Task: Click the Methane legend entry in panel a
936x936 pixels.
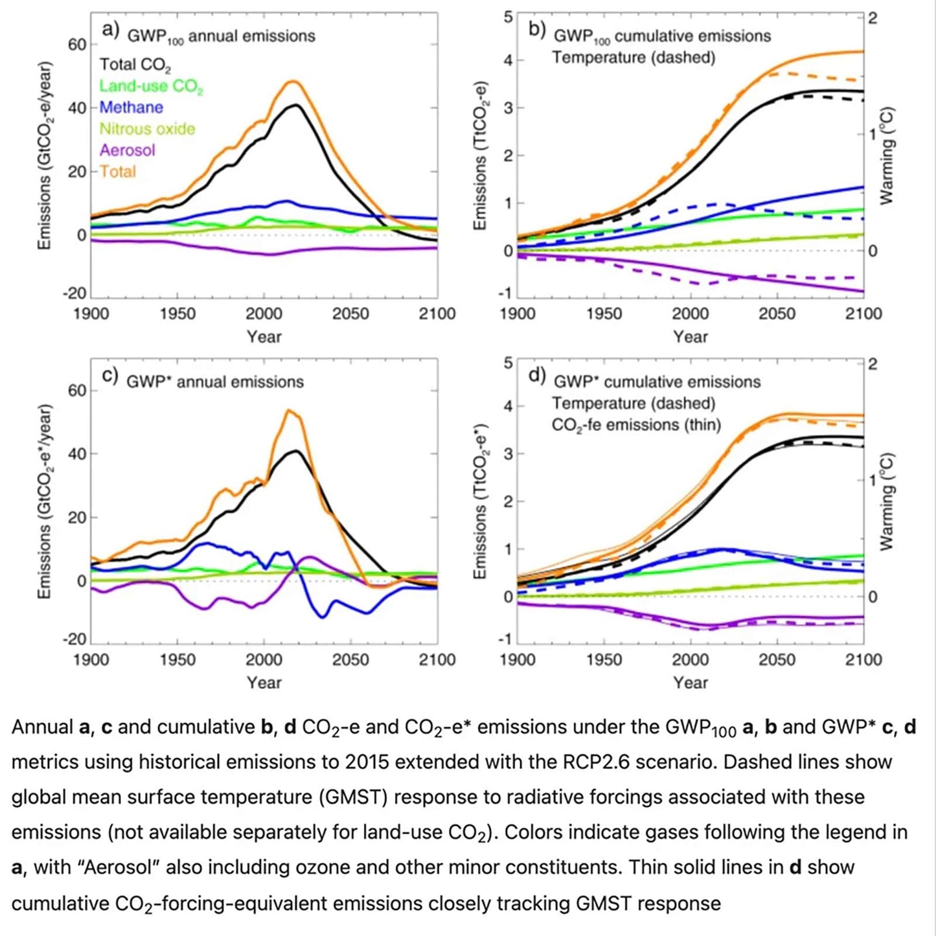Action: click(x=131, y=108)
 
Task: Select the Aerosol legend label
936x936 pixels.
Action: click(x=127, y=150)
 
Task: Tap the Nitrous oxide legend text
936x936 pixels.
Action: click(x=147, y=129)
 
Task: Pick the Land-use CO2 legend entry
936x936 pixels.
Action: click(x=151, y=86)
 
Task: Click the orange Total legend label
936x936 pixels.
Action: click(x=117, y=172)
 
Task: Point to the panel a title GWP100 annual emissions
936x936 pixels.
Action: click(x=221, y=36)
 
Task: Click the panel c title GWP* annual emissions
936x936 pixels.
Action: click(x=214, y=382)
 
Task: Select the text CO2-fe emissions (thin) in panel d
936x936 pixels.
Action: click(x=636, y=426)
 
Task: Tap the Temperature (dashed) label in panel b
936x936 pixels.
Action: click(x=634, y=58)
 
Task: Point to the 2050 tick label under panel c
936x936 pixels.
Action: click(x=350, y=660)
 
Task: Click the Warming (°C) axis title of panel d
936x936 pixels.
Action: click(x=887, y=502)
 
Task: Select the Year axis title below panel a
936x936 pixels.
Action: click(x=264, y=337)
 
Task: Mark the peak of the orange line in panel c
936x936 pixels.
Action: click(x=289, y=410)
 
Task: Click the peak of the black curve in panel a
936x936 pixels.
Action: click(x=296, y=105)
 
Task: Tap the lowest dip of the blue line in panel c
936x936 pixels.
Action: click(x=323, y=617)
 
